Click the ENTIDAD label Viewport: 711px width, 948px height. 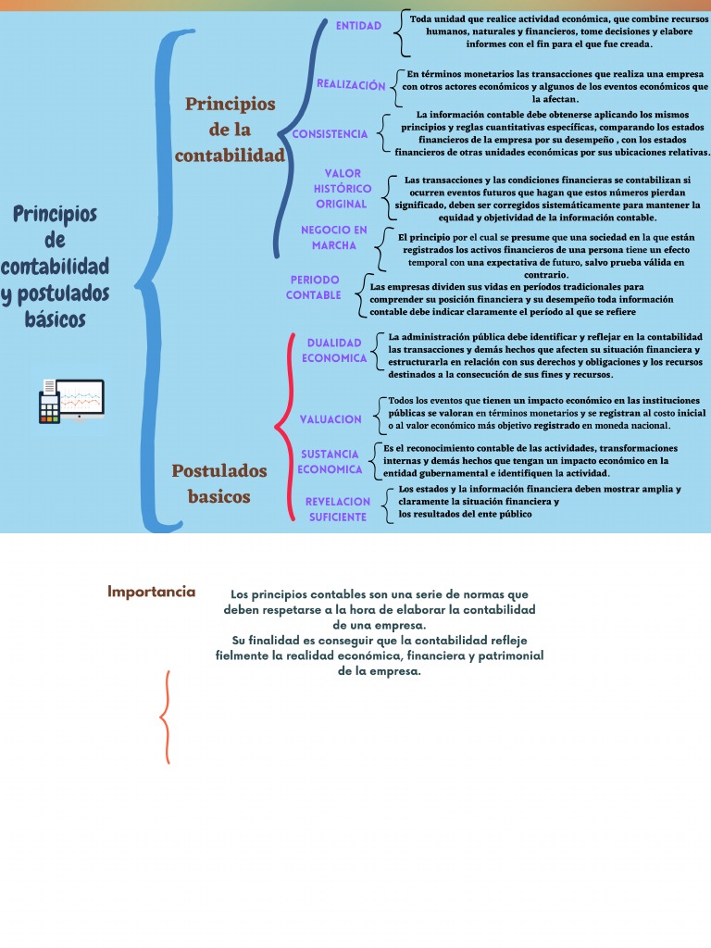(x=358, y=26)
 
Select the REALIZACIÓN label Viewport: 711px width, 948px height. (x=351, y=84)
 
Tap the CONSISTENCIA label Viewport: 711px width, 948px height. (x=330, y=134)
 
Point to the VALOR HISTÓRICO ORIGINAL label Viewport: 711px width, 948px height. (x=342, y=189)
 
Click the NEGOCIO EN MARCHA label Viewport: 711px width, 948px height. (x=333, y=238)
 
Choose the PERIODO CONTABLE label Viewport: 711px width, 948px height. (x=314, y=287)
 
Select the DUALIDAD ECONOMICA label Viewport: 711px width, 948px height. (x=334, y=350)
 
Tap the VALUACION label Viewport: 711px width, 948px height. (x=331, y=419)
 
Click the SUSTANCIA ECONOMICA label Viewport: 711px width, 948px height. (x=330, y=461)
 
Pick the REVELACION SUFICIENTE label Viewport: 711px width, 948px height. (x=337, y=509)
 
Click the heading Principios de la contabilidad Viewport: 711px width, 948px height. (x=230, y=130)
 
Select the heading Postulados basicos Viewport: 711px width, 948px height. (x=219, y=483)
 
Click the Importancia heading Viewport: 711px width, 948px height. (x=152, y=592)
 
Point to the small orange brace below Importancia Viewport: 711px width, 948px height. (x=166, y=717)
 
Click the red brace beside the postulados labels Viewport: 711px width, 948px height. (x=284, y=426)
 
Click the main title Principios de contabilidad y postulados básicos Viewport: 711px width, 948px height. (x=56, y=267)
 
